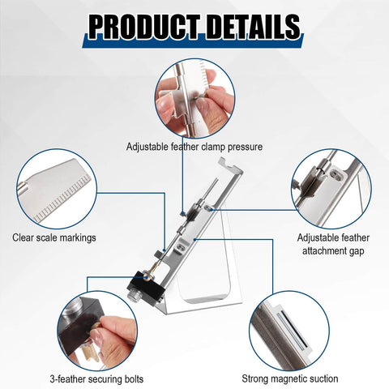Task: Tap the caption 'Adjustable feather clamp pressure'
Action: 194,147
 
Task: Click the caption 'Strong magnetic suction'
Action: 290,378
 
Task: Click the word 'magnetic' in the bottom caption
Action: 293,378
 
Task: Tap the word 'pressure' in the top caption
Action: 242,147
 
